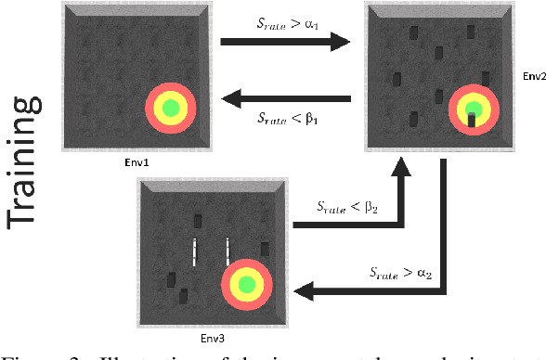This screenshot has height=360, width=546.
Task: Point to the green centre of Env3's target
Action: [x=247, y=285]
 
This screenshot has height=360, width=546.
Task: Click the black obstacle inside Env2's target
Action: [x=472, y=118]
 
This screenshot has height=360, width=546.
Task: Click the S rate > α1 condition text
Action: [x=287, y=19]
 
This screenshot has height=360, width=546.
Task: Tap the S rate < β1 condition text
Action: [x=287, y=118]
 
